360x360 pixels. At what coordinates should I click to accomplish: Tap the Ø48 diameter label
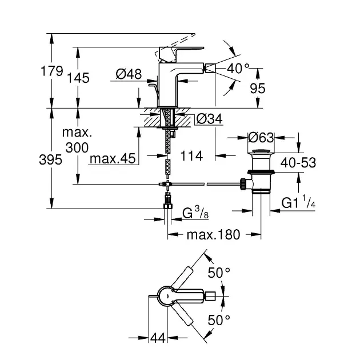[x=128, y=74]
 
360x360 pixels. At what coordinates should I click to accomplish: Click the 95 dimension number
[x=258, y=89]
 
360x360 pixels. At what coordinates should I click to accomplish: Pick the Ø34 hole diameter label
[x=209, y=119]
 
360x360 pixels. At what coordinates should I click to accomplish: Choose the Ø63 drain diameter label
[x=261, y=137]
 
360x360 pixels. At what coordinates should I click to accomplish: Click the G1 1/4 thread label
[x=298, y=202]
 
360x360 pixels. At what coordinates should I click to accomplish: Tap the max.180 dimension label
[x=214, y=234]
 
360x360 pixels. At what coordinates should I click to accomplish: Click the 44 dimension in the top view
[x=157, y=338]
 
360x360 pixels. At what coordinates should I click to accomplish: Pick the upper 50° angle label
[x=218, y=273]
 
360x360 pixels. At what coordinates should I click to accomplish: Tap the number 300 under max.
[x=77, y=147]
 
